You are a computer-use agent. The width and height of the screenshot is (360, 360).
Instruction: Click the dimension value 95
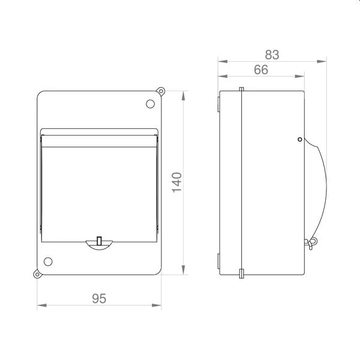point(99,298)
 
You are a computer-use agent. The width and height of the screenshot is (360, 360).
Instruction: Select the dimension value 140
point(177,182)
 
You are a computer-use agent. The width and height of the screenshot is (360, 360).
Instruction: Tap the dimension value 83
point(272,55)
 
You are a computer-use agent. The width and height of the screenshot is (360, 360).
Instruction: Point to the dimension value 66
point(261,70)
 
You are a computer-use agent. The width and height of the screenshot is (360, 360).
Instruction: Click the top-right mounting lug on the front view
point(161,91)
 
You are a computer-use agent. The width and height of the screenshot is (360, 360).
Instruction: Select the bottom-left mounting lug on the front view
point(37,274)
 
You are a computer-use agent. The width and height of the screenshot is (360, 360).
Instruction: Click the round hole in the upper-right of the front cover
point(151,104)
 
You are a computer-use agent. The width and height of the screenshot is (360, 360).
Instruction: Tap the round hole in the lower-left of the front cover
point(48,262)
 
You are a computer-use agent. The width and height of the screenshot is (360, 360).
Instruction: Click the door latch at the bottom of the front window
point(99,244)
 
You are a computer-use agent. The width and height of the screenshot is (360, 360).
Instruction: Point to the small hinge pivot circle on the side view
point(299,139)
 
